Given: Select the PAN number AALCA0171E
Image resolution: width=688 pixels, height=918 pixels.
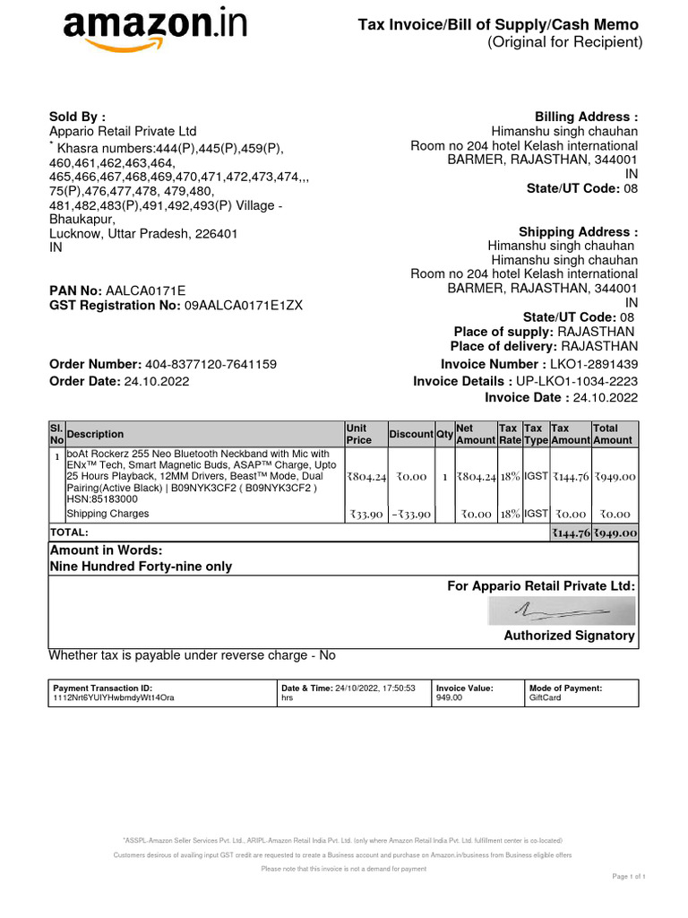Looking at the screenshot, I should tap(145, 290).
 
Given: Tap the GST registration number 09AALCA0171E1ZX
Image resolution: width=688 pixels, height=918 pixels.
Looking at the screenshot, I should tap(244, 306).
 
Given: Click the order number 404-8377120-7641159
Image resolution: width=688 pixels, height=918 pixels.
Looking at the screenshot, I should tap(211, 364).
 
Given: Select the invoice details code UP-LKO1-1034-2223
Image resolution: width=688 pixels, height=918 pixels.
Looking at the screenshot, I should tap(577, 381).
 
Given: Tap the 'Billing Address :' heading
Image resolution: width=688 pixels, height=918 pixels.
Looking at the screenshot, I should tap(586, 117).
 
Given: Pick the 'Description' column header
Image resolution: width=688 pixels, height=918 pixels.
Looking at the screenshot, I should tap(96, 434).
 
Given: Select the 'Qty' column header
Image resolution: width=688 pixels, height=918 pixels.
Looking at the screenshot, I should tap(444, 434).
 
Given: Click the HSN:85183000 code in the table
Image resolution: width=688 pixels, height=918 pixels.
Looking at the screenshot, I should tap(102, 498).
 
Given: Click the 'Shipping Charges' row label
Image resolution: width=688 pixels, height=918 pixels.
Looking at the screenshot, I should tap(107, 514).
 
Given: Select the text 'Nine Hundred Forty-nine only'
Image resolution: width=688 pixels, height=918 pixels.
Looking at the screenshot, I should tap(141, 567).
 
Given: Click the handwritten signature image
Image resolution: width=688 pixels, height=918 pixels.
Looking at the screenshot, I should tap(561, 611).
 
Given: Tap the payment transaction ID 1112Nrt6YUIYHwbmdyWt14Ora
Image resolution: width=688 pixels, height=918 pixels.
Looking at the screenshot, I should tap(114, 697).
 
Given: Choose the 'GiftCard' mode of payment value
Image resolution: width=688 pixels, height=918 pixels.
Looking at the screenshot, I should tap(545, 697).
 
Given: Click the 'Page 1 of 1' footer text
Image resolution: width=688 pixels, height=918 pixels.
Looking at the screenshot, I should tap(628, 876).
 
